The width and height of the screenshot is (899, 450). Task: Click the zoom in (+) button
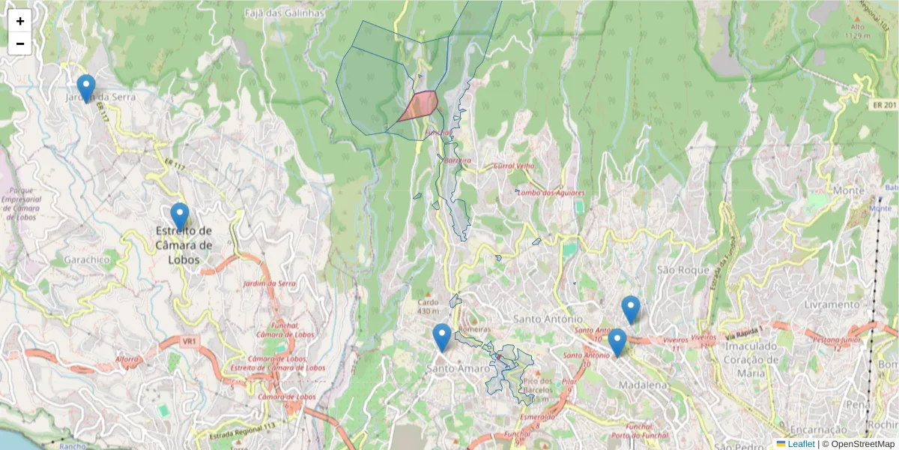click(x=20, y=21)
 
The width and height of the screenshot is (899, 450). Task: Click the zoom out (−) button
click(x=20, y=43)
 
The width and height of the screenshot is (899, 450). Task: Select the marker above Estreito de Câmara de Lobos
click(x=180, y=216)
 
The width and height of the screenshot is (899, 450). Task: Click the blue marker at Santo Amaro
click(x=442, y=337)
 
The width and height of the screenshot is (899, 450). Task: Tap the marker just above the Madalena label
click(x=617, y=342)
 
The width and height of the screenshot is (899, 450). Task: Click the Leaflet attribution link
click(x=801, y=444)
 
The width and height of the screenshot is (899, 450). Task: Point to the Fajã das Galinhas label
click(x=285, y=13)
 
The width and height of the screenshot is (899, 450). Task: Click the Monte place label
click(x=848, y=190)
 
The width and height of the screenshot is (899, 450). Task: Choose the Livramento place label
click(x=832, y=304)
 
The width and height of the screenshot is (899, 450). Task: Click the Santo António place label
click(x=547, y=319)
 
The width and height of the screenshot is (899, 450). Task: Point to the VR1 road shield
click(x=189, y=341)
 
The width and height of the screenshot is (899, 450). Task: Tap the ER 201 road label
click(x=884, y=105)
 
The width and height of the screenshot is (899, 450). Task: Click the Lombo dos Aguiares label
click(x=550, y=193)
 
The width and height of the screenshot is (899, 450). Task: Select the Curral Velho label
click(x=513, y=166)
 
